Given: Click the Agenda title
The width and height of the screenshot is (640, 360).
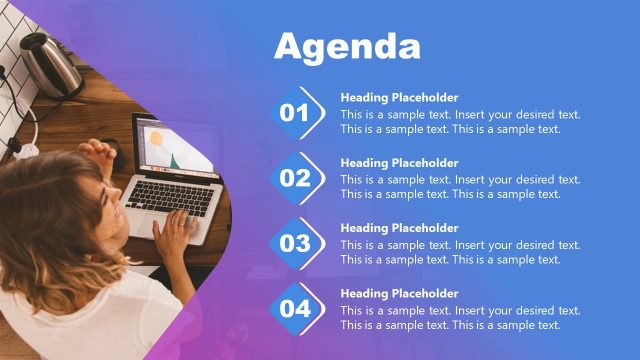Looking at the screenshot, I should [347, 47].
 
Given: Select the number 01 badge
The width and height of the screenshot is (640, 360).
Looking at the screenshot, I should [296, 113].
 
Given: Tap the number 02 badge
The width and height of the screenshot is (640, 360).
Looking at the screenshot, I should [296, 178].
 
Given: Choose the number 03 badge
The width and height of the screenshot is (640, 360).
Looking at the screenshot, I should [296, 243].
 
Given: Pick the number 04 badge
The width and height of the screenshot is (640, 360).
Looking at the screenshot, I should [296, 308].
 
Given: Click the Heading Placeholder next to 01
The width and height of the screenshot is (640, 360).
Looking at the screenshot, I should [399, 98].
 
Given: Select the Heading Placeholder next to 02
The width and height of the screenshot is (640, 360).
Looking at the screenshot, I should [399, 163].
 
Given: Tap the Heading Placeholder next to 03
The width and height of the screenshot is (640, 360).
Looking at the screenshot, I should [399, 228].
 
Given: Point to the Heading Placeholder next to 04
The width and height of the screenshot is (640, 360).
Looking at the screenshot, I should [399, 294].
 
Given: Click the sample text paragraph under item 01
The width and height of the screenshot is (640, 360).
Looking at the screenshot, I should [460, 121].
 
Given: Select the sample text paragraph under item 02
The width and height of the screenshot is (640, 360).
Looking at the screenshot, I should [460, 187].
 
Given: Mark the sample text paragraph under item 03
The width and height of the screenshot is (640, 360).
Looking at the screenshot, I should [460, 252].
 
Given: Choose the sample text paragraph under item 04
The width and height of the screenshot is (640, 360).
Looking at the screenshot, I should [460, 317].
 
